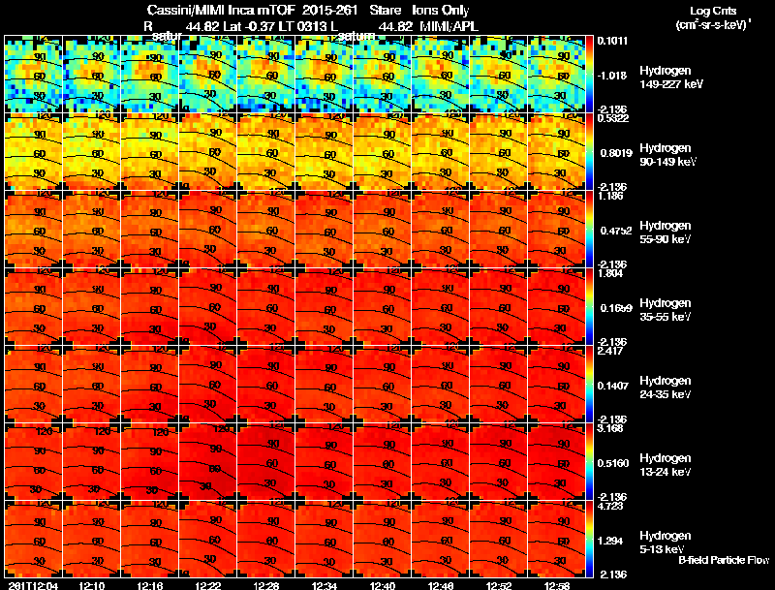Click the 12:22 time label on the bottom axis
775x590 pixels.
[x=208, y=585]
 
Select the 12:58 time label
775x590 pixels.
[x=558, y=585]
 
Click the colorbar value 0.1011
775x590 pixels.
[x=611, y=41]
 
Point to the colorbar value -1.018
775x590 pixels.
[x=611, y=75]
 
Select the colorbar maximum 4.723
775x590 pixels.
[x=610, y=505]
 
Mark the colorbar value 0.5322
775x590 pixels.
[x=611, y=118]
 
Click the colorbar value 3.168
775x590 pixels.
[x=610, y=427]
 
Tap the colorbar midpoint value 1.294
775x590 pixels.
[x=610, y=539]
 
